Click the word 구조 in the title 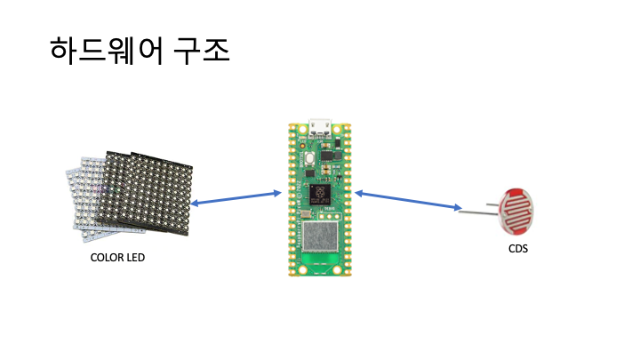coord(202,52)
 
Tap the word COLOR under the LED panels coord(107,259)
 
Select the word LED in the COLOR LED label coord(135,259)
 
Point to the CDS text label coord(517,249)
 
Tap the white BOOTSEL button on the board coord(307,160)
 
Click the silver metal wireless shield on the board coord(320,238)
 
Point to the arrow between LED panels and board coord(236,198)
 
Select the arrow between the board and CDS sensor coord(409,200)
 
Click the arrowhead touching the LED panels coord(196,204)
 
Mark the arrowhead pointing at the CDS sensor coord(455,209)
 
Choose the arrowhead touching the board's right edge coord(360,192)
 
